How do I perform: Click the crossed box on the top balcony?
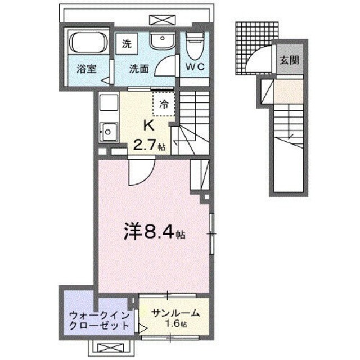pyautogui.click(x=160, y=19)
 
